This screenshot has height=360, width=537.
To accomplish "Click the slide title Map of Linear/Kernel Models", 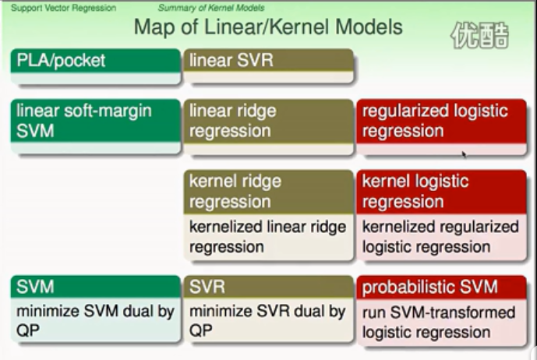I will [x=267, y=27].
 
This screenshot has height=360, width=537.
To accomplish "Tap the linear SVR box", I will [x=267, y=62].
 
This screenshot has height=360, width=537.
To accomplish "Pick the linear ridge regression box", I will [x=267, y=121].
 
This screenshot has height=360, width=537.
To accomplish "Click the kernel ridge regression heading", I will [x=267, y=192].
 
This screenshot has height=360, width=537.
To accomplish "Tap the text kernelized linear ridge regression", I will [x=267, y=237].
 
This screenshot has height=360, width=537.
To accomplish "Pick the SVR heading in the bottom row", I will [x=267, y=287].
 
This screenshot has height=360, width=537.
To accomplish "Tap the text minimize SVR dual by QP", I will [x=267, y=321].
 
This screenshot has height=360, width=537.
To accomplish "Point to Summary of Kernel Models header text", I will [x=211, y=8].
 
